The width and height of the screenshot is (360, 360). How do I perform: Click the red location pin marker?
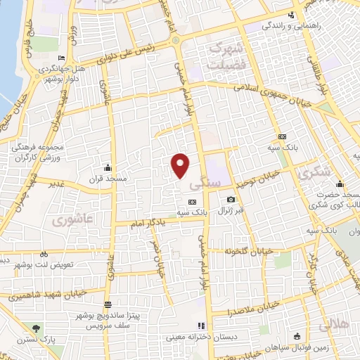[181, 165]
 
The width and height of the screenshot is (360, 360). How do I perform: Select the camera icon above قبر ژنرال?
[231, 200]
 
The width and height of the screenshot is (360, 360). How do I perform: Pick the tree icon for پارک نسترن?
[37, 329]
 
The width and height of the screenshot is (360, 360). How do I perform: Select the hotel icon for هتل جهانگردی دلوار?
[63, 58]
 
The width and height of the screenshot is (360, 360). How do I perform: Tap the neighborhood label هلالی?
[333, 326]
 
